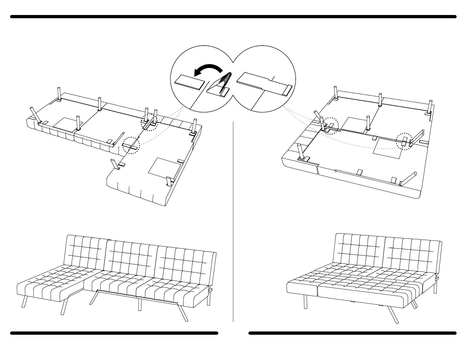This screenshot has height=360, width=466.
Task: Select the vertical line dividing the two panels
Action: (233, 221)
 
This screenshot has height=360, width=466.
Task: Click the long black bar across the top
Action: (233, 17)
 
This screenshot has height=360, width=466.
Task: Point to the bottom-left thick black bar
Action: (114, 333)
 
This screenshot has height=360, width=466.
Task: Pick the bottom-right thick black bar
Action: (352, 333)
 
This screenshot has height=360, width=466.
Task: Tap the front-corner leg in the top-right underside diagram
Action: (301, 151)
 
